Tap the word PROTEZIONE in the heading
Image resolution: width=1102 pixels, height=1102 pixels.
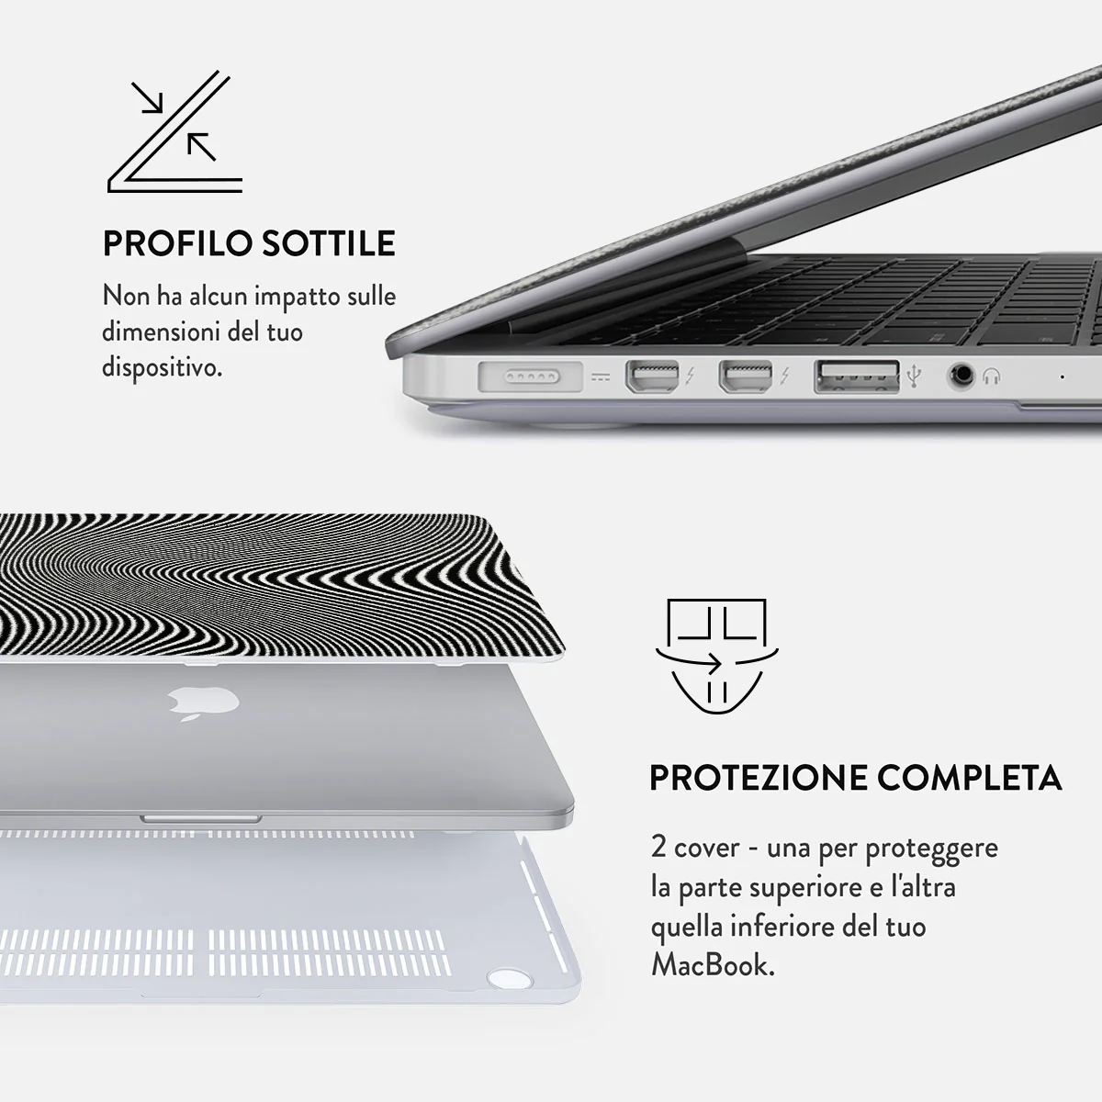point(757,779)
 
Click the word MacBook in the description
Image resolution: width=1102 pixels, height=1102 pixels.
point(714,965)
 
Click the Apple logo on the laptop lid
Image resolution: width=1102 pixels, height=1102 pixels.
point(203,703)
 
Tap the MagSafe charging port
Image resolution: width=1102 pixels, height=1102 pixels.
point(530,377)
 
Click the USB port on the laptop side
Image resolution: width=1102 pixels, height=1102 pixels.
point(856,377)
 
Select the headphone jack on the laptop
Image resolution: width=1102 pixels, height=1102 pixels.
point(961,376)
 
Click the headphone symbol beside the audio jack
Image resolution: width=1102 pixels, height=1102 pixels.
point(992,377)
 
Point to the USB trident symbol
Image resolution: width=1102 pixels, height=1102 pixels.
point(914,376)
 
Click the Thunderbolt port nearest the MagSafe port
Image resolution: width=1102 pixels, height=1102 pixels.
point(652,377)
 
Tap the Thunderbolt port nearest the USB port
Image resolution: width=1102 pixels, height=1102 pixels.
point(745,377)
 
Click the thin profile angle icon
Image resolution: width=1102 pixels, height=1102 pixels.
point(175,131)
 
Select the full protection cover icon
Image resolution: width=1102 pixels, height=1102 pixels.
point(716,656)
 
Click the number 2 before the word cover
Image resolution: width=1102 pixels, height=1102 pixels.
point(658,847)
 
